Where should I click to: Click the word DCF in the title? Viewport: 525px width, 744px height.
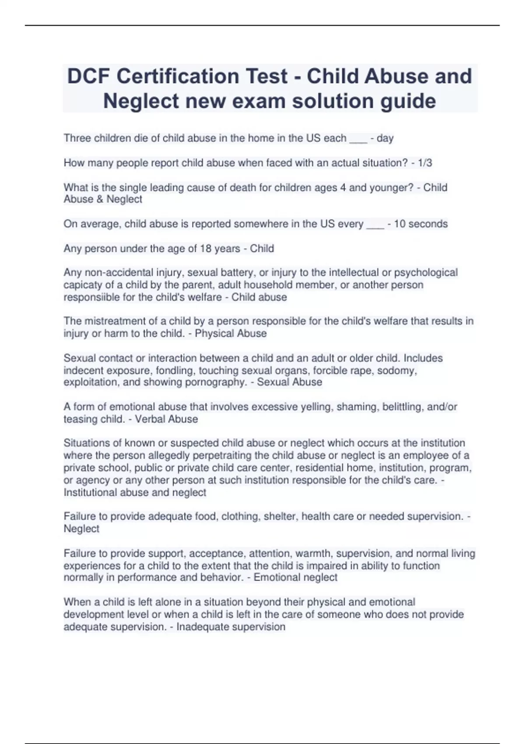[x=88, y=76]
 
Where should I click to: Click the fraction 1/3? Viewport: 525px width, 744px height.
[x=425, y=163]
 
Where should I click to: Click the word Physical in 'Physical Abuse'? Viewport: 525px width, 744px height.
[x=214, y=333]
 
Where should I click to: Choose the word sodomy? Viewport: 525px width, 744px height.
[x=401, y=370]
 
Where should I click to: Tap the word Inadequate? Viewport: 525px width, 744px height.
[x=202, y=627]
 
